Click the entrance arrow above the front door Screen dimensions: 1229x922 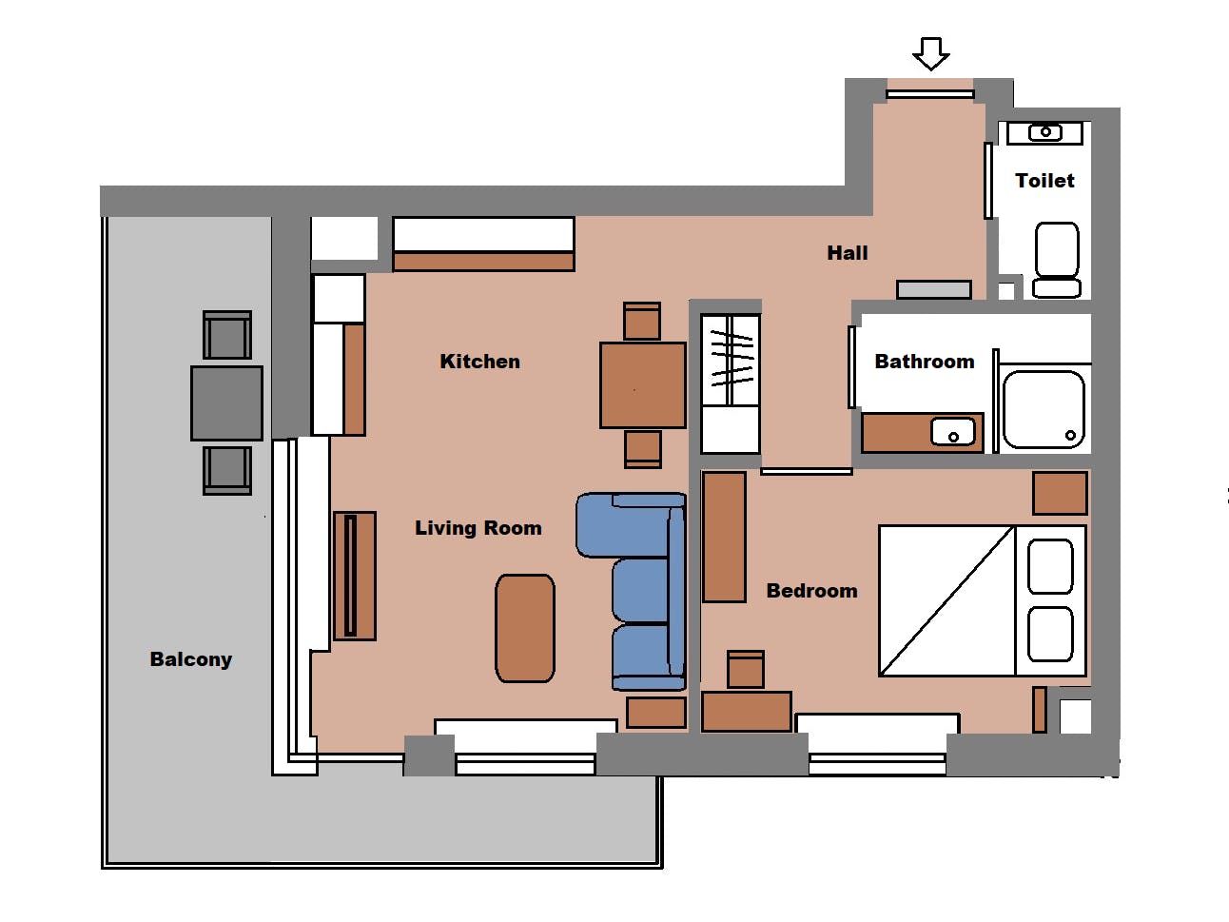click(930, 53)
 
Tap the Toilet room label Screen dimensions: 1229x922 click(1044, 181)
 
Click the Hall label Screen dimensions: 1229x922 click(848, 253)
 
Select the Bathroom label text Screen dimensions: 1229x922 click(925, 362)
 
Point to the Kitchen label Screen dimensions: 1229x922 click(479, 362)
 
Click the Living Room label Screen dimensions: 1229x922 click(478, 528)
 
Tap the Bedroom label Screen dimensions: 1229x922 click(811, 591)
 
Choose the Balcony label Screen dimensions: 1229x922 click(191, 659)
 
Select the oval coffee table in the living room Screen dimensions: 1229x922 click(525, 628)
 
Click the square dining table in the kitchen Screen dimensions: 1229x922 click(643, 385)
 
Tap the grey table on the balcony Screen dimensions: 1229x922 click(226, 403)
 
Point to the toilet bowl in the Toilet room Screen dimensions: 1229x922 click(1057, 260)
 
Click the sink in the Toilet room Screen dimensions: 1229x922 click(1044, 132)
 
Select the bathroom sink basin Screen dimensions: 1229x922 click(953, 432)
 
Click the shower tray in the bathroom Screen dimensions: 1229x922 click(1044, 409)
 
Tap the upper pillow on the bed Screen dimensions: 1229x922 click(1050, 566)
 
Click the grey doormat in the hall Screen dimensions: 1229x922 click(933, 289)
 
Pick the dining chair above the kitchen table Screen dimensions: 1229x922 click(642, 321)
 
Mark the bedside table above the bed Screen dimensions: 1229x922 click(1060, 493)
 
